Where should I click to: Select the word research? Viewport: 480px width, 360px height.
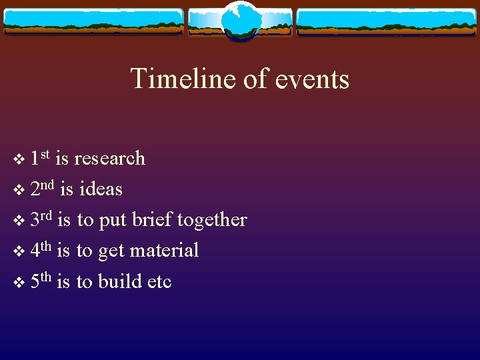109,159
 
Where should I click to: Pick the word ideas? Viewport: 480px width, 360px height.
101,189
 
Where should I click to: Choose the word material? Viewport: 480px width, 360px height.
164,251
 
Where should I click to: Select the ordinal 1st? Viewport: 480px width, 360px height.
40,157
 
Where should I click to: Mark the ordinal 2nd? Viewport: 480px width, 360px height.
42,188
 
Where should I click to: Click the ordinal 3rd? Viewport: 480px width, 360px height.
41,219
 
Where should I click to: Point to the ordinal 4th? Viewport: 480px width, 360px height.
41,250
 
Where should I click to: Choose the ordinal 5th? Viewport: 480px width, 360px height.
41,281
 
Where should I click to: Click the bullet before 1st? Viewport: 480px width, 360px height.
18,160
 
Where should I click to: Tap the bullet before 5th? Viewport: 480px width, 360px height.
18,283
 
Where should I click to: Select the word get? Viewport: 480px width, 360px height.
111,252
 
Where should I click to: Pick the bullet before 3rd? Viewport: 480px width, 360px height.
18,221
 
